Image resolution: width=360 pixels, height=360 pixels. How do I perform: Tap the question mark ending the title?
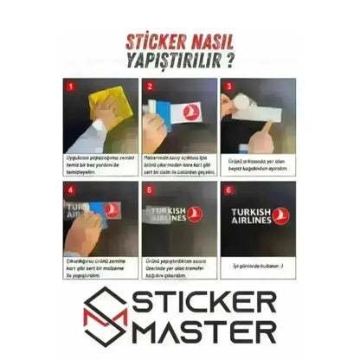click(230, 62)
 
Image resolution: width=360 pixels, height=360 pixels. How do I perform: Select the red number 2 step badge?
click(148, 87)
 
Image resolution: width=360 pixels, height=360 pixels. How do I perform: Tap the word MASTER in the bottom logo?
click(208, 331)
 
